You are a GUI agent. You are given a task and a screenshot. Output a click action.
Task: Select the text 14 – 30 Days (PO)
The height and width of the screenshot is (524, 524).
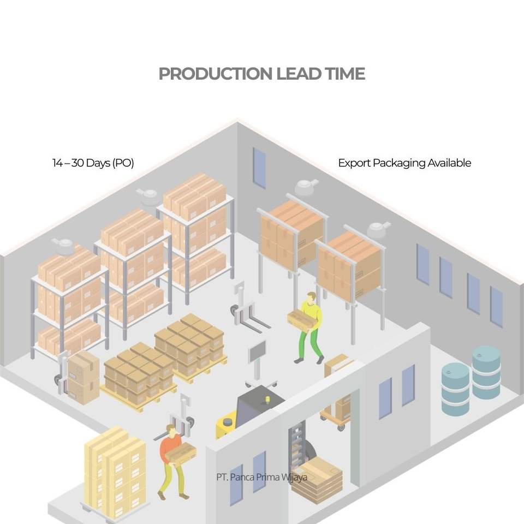click(93, 163)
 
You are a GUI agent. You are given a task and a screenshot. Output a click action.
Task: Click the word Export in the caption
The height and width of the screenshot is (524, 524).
click(354, 163)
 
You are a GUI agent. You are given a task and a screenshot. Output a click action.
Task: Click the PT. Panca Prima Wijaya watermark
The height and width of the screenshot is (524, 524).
click(261, 477)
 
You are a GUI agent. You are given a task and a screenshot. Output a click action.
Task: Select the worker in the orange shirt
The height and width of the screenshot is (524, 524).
click(170, 458)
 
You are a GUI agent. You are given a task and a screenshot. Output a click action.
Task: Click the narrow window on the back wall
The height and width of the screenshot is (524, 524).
click(259, 168)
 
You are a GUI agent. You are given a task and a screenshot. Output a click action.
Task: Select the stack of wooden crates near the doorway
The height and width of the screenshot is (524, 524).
click(317, 480)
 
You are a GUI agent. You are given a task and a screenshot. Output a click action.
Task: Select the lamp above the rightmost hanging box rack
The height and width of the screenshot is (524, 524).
click(378, 230)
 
